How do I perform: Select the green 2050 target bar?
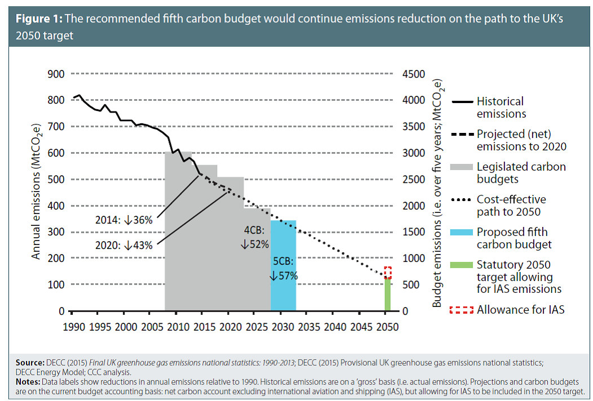pos(388,296)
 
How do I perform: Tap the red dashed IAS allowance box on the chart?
pos(388,272)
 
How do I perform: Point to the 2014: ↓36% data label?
pos(131,220)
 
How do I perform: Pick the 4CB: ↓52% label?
pos(255,238)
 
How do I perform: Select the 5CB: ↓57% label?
pos(284,269)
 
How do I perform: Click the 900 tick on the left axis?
pos(57,73)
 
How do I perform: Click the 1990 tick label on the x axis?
pos(73,327)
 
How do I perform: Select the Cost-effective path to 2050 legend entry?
pos(511,206)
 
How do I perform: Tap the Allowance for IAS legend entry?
pos(520,309)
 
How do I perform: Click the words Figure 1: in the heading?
pos(39,19)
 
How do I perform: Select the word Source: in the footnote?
pos(29,362)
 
